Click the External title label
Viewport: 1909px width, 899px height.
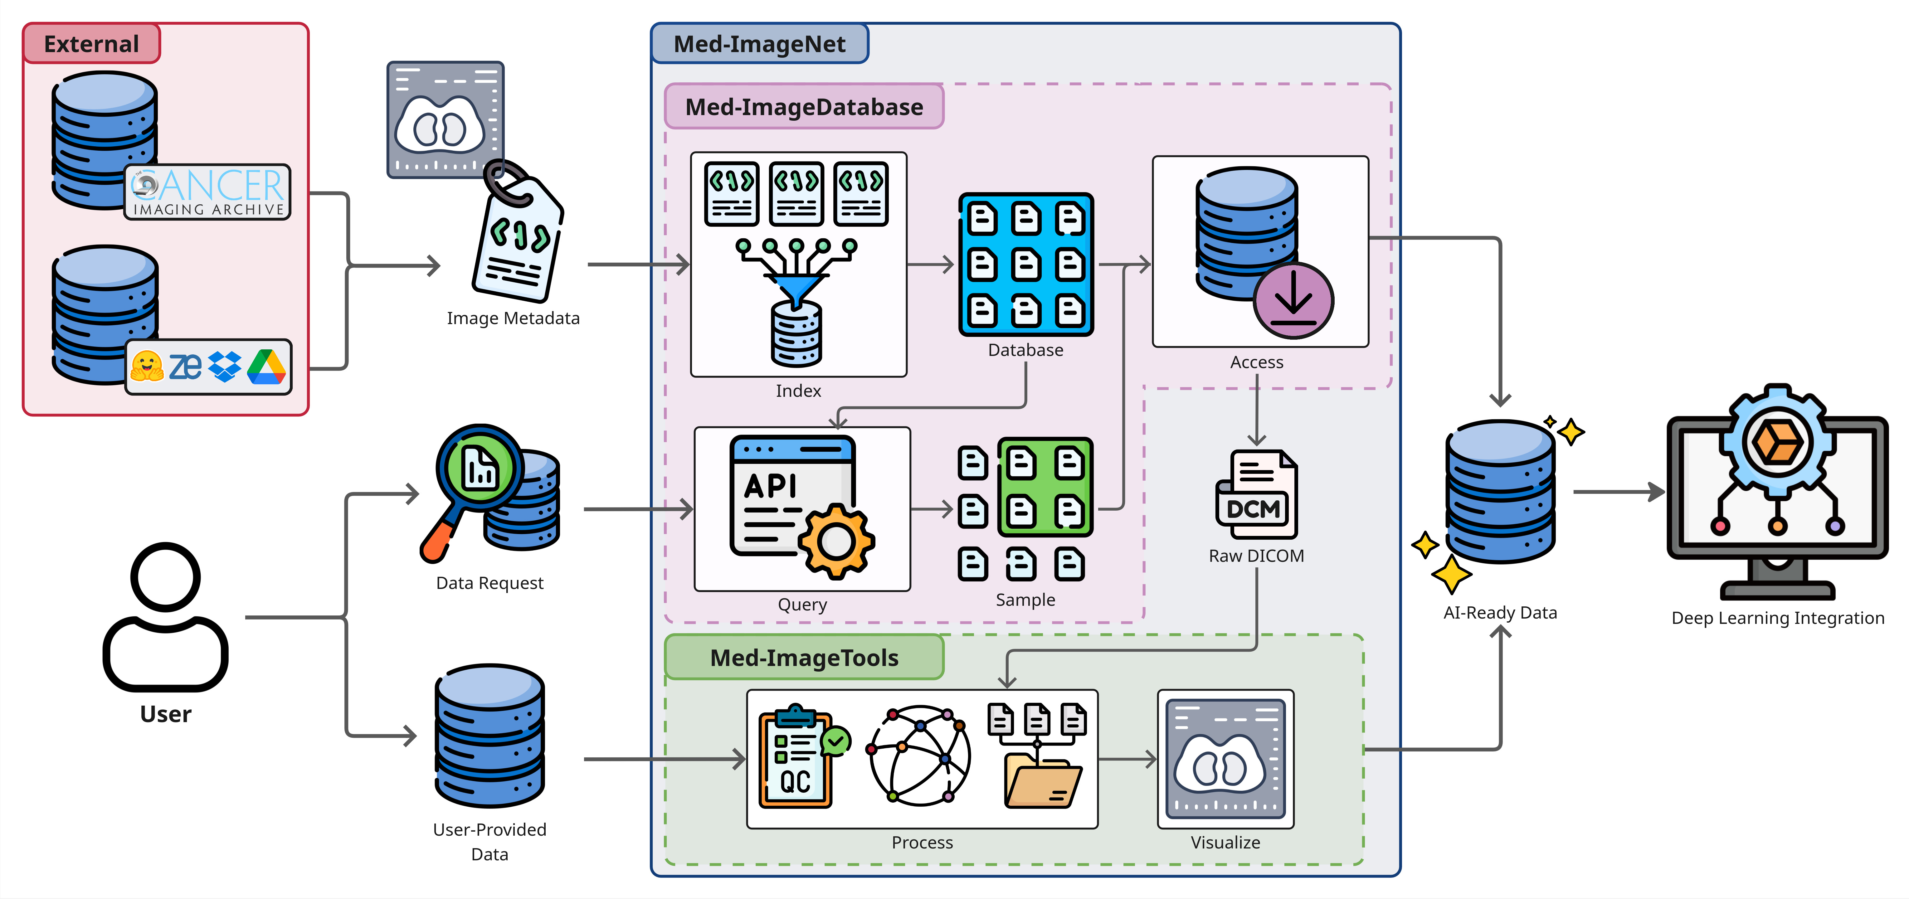click(x=91, y=44)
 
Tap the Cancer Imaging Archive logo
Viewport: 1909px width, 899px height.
click(x=207, y=192)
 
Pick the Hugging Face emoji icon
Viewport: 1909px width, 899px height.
click(x=147, y=366)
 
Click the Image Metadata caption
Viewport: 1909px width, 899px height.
click(x=513, y=318)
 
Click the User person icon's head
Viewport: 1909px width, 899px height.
click(x=165, y=577)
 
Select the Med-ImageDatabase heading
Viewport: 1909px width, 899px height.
click(x=804, y=107)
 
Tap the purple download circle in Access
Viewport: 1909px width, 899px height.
click(x=1293, y=300)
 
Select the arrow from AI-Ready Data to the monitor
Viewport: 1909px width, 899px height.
click(x=1619, y=491)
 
